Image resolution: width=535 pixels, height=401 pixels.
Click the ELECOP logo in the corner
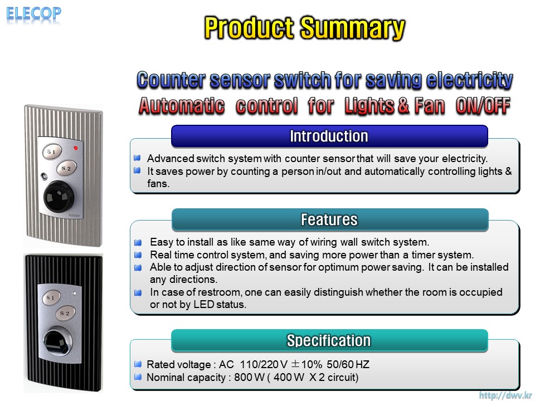coord(34,14)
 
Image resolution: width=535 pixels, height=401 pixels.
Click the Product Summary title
coord(304,28)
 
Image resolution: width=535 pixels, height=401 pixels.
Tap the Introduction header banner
coord(329,136)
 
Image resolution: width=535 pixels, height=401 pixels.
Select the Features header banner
coord(329,219)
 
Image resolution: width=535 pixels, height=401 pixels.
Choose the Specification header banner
coord(329,340)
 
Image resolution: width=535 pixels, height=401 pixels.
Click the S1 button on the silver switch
coord(52,151)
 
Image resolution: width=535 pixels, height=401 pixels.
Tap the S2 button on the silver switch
coord(66,168)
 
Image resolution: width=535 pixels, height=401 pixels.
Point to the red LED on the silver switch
coord(76,148)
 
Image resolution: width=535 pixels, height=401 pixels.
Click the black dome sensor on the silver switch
coord(59,196)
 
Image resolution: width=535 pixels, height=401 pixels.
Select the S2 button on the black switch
coord(65,313)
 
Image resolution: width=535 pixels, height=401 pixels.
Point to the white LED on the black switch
coord(75,294)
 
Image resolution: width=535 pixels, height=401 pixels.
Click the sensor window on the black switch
coord(57,343)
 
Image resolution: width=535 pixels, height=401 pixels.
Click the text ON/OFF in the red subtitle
coord(483,106)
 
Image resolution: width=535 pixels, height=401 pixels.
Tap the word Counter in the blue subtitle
coord(171,80)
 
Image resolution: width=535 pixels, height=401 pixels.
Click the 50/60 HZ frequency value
coord(348,364)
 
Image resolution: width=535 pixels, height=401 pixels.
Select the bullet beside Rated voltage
coord(138,364)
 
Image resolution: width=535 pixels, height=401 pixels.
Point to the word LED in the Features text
coord(204,305)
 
